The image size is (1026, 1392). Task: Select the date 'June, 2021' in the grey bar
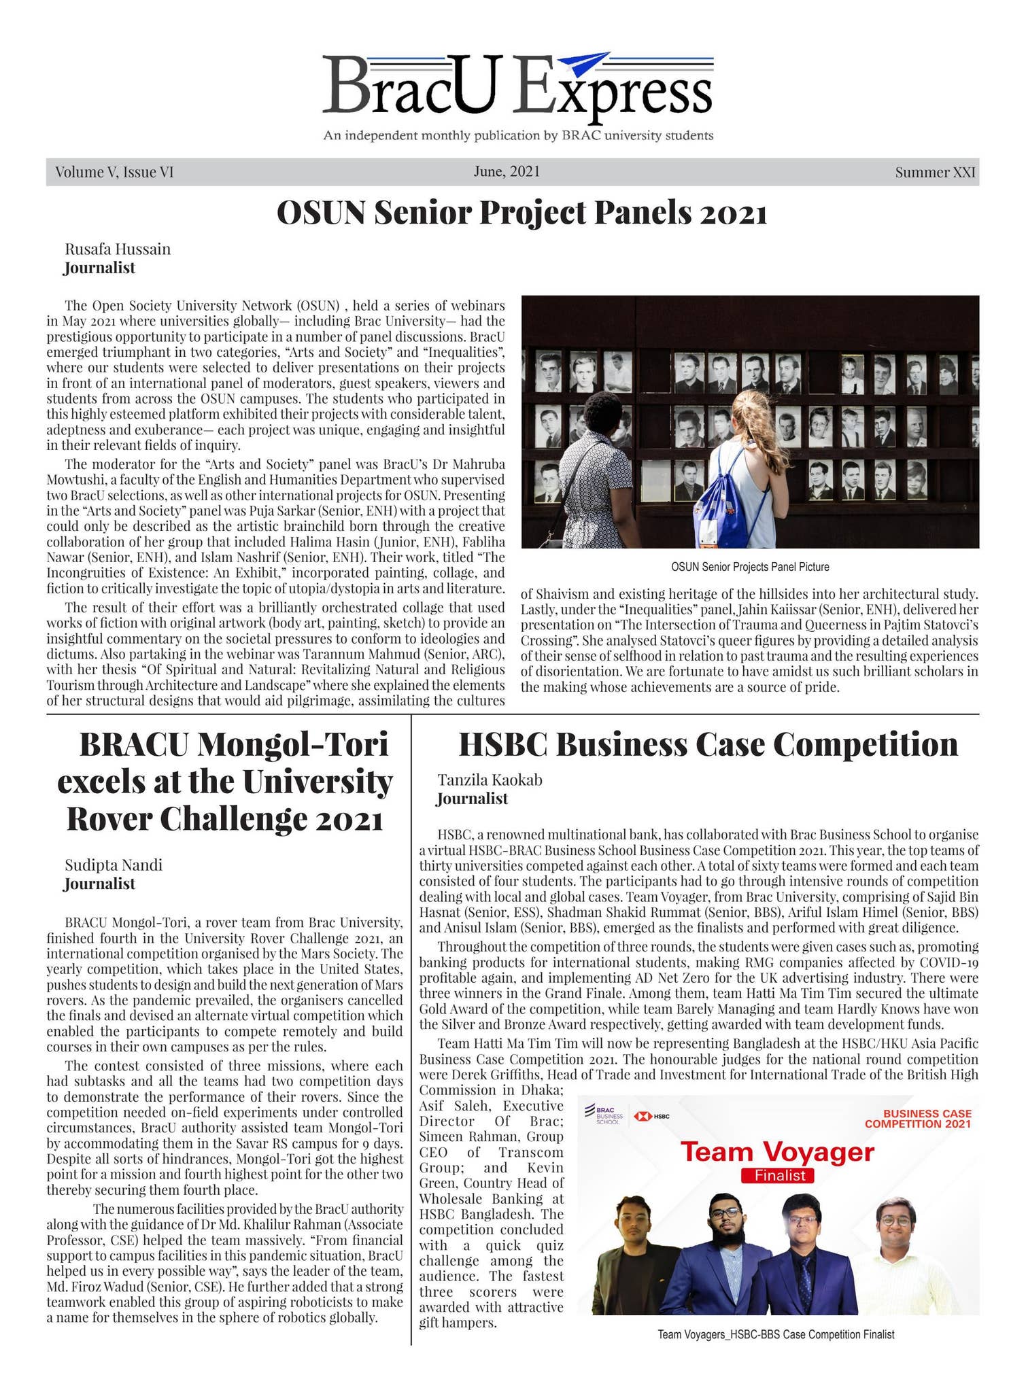(x=507, y=171)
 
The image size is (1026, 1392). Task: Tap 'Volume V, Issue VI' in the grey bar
(x=114, y=172)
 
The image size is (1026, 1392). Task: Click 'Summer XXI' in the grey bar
(x=935, y=172)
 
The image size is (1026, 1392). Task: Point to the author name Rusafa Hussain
(x=118, y=249)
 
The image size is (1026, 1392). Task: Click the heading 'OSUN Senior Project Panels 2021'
(x=521, y=213)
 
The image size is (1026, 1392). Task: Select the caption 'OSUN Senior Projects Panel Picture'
(x=750, y=566)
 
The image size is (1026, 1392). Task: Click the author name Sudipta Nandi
(x=114, y=865)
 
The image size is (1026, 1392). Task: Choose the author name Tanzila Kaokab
(x=490, y=780)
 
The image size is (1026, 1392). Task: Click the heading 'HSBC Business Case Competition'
(x=708, y=744)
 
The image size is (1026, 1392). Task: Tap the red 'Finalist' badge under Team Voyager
(x=779, y=1175)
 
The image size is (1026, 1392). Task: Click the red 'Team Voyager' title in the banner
(x=777, y=1151)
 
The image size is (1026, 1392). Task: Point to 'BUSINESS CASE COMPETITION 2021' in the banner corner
(x=917, y=1118)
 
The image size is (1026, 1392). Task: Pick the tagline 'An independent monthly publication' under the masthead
(x=518, y=135)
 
